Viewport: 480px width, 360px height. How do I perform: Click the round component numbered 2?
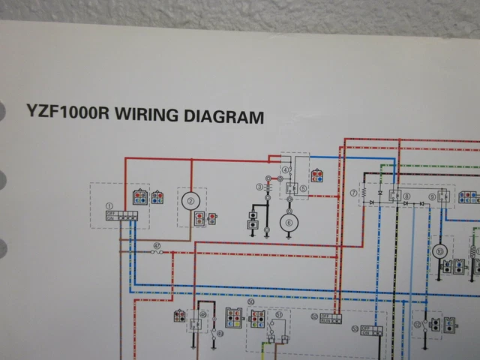[x=190, y=200]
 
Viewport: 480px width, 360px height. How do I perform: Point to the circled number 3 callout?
[x=259, y=187]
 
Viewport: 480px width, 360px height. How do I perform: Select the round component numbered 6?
[x=289, y=222]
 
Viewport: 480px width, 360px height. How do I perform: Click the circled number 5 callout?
[x=304, y=189]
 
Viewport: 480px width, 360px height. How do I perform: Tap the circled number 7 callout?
[x=353, y=193]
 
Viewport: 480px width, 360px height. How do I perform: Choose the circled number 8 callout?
[x=407, y=194]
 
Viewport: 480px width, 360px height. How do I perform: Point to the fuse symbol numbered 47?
[x=157, y=252]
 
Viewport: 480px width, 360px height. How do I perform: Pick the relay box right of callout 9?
[x=443, y=196]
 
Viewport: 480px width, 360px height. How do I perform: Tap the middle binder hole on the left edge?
[x=2, y=182]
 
